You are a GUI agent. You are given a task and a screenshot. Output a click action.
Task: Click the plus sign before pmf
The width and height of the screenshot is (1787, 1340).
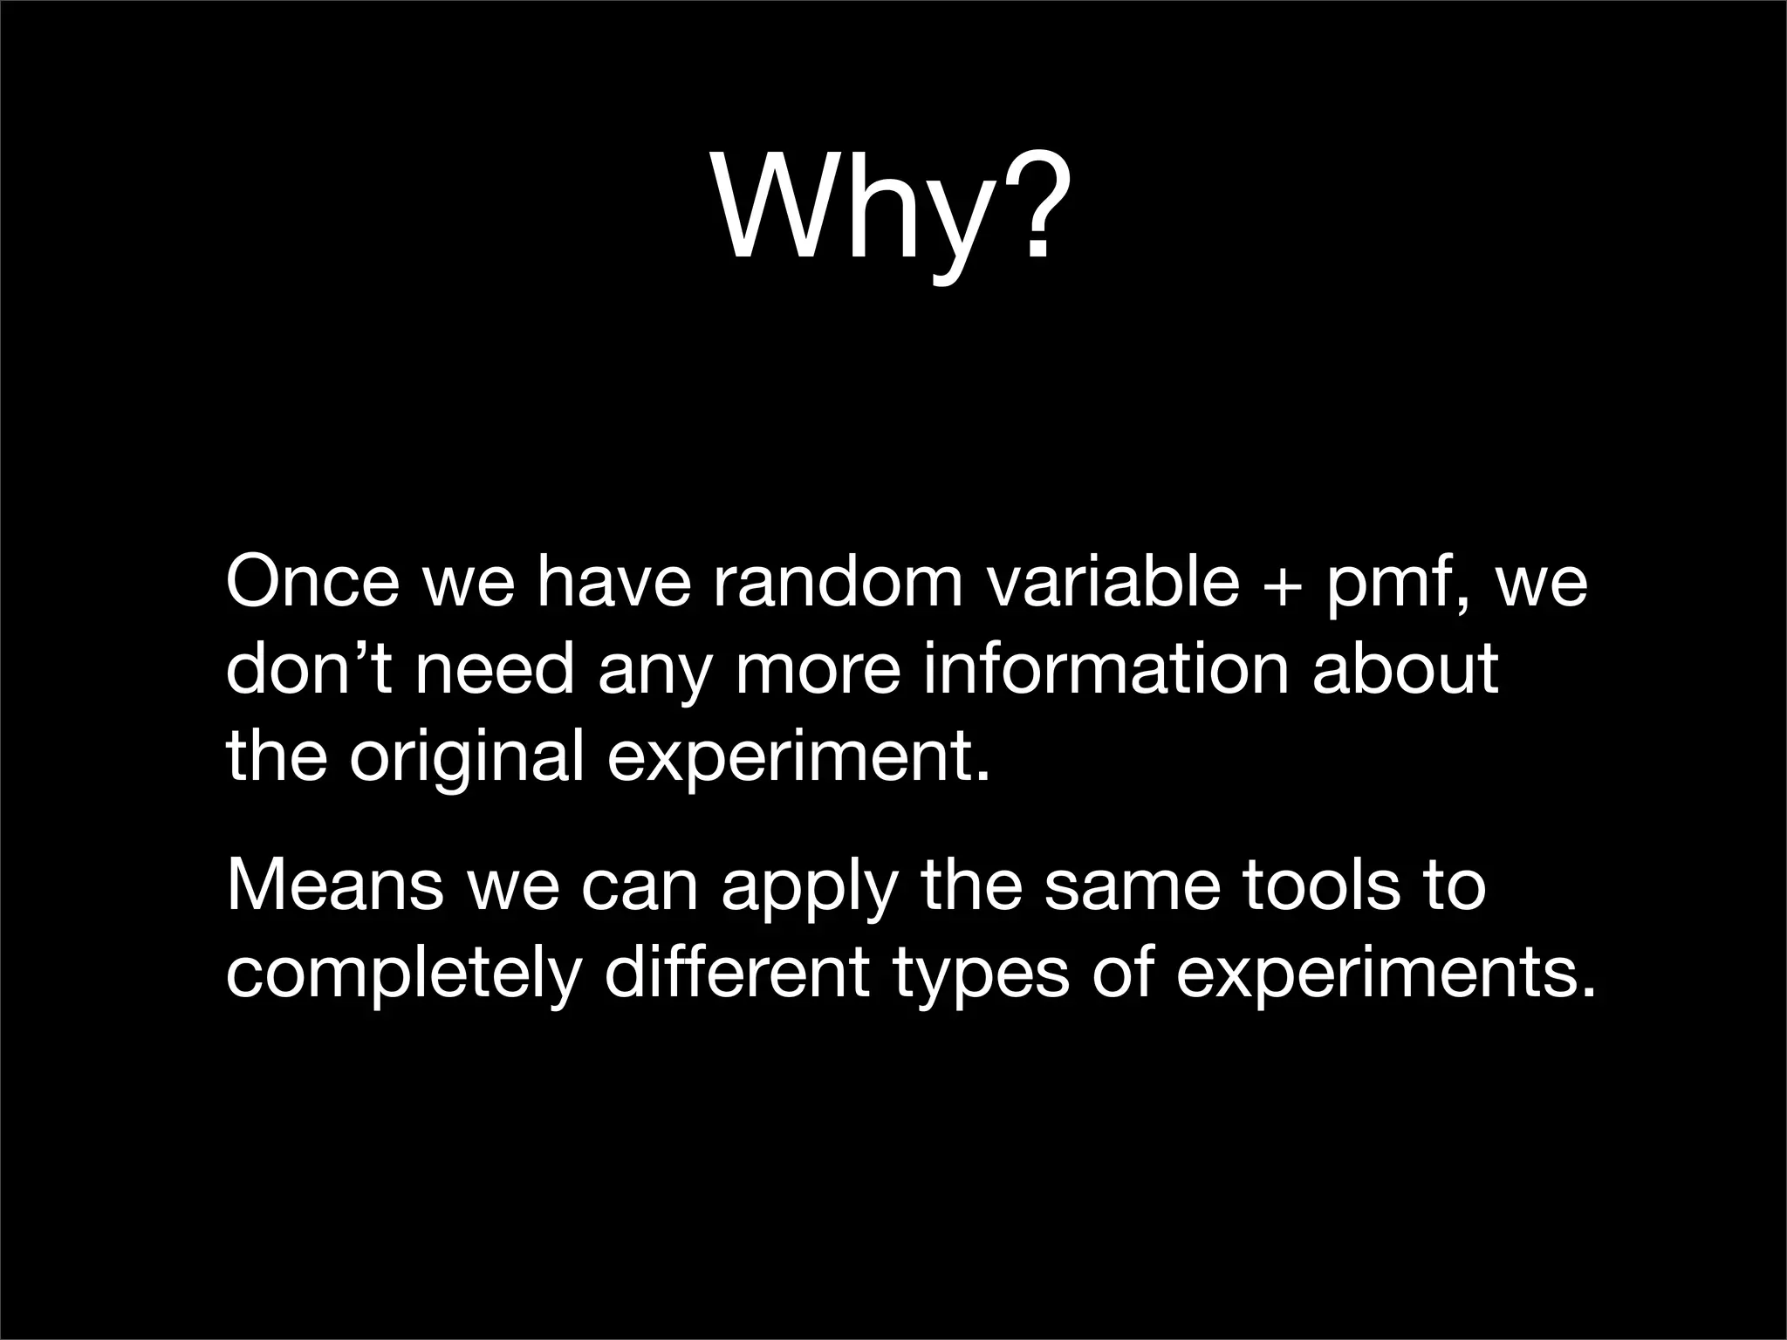[1283, 585]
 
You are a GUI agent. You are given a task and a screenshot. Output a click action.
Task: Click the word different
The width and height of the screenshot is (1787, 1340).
[737, 972]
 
